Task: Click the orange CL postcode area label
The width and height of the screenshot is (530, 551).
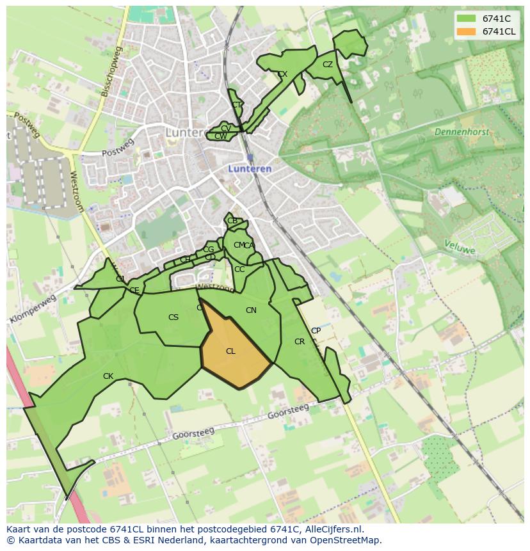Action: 230,351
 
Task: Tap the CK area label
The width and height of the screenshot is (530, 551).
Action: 108,376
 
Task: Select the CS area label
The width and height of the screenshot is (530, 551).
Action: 173,317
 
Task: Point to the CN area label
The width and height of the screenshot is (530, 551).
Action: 251,310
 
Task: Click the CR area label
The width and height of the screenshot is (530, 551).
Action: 300,342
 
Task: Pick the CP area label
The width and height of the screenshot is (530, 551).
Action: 316,331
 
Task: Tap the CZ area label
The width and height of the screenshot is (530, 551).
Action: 328,65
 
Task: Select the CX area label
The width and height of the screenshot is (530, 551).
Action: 282,74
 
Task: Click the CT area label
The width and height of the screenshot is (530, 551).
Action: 237,105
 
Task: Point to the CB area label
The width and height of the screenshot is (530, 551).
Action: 232,221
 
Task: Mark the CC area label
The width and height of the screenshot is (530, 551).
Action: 239,269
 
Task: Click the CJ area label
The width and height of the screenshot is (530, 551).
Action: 120,279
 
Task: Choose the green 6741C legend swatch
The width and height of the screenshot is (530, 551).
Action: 467,19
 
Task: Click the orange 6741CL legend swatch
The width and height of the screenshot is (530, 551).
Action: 467,31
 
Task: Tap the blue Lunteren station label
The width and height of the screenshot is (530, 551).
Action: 250,169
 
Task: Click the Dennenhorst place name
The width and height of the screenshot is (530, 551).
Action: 462,132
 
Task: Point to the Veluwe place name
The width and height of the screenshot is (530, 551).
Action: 460,247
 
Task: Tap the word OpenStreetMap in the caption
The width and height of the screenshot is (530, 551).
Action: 345,540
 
